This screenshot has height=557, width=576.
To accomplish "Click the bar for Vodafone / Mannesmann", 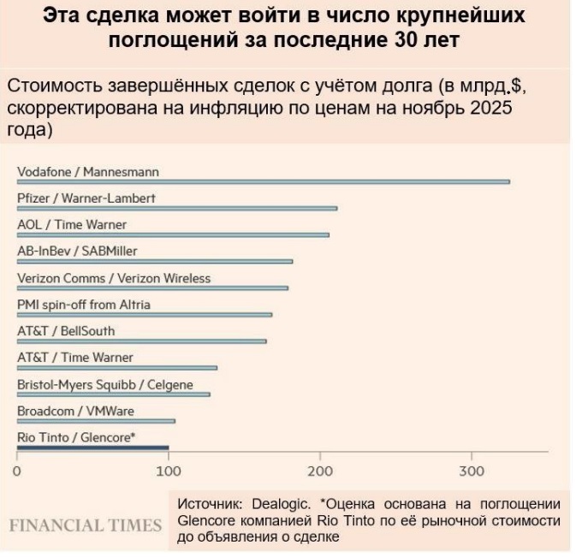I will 264,181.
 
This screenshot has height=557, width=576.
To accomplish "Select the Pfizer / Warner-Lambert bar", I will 177,208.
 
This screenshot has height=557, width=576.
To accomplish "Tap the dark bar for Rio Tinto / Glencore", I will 93,447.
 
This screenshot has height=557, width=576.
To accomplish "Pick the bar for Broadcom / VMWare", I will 96,421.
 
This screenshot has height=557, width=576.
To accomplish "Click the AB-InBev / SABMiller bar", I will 155,261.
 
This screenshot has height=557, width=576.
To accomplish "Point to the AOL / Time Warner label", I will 72,225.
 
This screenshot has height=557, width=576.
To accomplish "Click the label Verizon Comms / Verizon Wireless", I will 114,278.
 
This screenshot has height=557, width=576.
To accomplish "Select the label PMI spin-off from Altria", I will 84,305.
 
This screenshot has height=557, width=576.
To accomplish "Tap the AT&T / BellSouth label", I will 66,331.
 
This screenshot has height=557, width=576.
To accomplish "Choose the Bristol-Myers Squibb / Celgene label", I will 105,385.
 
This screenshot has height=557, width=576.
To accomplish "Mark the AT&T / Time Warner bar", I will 117,368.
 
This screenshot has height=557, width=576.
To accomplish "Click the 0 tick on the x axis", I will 17,471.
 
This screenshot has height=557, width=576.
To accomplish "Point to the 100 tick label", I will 169,471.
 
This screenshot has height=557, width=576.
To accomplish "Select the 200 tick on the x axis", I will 321,471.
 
